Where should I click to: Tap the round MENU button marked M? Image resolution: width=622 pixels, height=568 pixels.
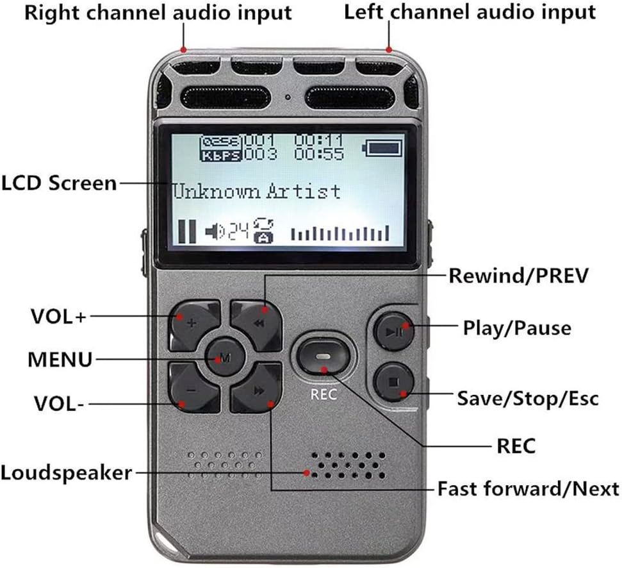(224, 357)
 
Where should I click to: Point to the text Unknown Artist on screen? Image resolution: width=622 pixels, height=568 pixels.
(256, 191)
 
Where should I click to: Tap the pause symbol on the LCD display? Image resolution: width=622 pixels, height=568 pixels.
(187, 231)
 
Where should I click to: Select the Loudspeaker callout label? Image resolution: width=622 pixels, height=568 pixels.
(66, 474)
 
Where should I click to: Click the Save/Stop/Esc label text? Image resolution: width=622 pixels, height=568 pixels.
(527, 398)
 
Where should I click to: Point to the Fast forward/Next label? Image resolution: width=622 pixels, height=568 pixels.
(528, 489)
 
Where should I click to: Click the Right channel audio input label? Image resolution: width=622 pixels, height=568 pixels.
(158, 12)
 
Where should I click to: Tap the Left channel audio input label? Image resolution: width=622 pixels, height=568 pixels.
(470, 12)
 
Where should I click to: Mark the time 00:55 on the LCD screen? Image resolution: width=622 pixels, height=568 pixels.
(319, 155)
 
